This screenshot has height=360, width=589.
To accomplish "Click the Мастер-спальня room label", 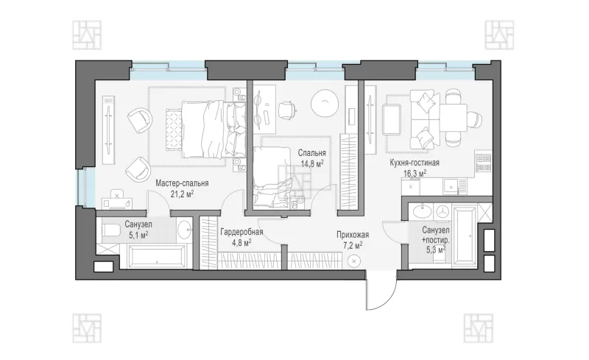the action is point(182,183).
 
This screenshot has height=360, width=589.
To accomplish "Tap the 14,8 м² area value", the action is point(311,164).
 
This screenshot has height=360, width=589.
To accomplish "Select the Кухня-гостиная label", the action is point(415,163).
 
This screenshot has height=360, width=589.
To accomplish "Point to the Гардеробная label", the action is point(241,232).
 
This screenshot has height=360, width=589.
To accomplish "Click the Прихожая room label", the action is point(353,236).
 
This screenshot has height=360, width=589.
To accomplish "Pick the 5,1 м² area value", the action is point(138,236).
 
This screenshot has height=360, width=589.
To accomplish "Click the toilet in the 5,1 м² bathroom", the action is point(110,230).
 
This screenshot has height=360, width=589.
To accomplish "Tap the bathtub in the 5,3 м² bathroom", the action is point(465,236).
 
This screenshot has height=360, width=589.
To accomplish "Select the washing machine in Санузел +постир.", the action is point(444,211).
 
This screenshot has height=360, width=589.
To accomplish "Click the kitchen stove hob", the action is point(484,162).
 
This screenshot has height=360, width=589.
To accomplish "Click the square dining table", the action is point(454,118).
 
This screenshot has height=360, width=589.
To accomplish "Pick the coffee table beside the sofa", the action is point(391,119).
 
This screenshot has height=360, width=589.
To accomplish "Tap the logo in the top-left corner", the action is point(87,35).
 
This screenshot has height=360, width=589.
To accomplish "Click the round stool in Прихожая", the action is point(354,261).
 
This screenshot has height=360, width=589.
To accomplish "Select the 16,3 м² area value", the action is point(415,174).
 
